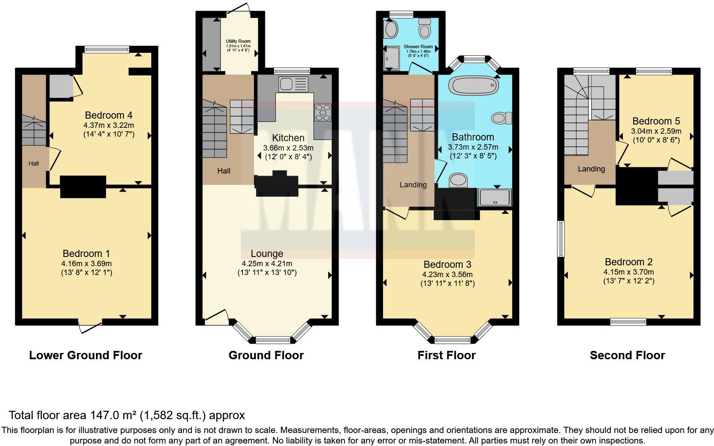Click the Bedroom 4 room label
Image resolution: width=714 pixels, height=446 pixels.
pyautogui.click(x=105, y=115)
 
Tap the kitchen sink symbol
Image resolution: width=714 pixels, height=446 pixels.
pyautogui.click(x=293, y=84)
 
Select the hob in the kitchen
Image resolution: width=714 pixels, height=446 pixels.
pyautogui.click(x=323, y=112)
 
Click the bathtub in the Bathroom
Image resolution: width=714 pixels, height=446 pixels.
pyautogui.click(x=473, y=86)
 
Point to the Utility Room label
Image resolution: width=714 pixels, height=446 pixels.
pyautogui.click(x=238, y=41)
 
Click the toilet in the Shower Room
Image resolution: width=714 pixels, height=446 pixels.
pyautogui.click(x=425, y=29)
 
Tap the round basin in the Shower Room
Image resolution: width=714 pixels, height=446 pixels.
pyautogui.click(x=391, y=30)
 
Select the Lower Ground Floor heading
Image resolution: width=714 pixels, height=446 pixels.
pyautogui.click(x=85, y=355)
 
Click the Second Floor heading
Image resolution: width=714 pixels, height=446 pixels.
pyautogui.click(x=627, y=355)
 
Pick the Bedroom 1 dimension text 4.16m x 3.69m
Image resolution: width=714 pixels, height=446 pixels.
pyautogui.click(x=86, y=264)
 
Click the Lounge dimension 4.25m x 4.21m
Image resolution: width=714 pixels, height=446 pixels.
pyautogui.click(x=267, y=264)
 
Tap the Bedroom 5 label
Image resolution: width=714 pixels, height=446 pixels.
pyautogui.click(x=656, y=121)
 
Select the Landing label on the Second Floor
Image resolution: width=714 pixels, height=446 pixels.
pyautogui.click(x=591, y=169)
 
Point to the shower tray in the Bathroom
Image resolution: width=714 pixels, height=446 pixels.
pyautogui.click(x=495, y=197)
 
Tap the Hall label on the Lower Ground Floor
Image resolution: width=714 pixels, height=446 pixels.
pyautogui.click(x=34, y=163)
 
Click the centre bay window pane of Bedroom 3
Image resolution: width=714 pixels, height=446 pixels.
pyautogui.click(x=453, y=340)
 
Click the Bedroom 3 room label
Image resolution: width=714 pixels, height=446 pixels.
pyautogui.click(x=447, y=264)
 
